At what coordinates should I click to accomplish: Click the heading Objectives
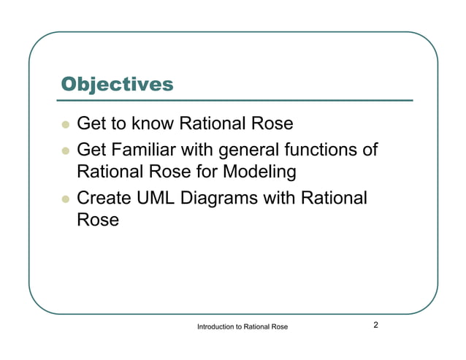(x=117, y=84)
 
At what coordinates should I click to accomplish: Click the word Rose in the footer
(x=278, y=326)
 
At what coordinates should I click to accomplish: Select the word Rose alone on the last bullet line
(x=97, y=220)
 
